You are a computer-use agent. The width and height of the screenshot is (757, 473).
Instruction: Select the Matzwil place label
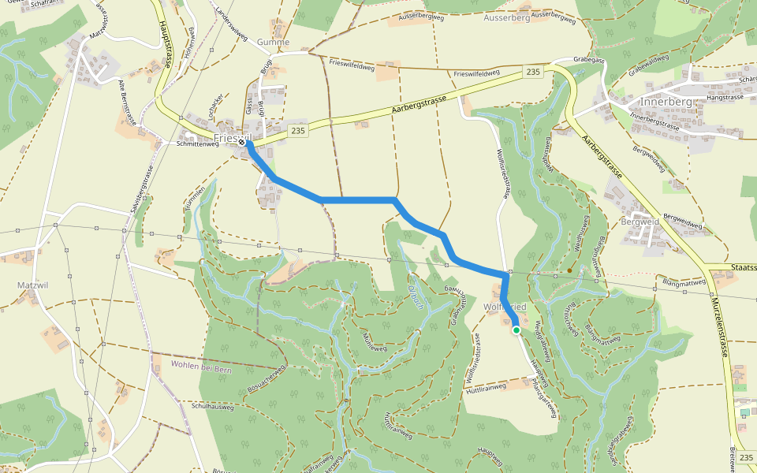click(32, 284)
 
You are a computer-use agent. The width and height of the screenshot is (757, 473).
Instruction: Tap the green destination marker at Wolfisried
click(516, 330)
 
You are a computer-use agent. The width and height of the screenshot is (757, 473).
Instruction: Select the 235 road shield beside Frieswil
click(296, 130)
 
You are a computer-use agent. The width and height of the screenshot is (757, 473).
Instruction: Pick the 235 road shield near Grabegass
click(532, 73)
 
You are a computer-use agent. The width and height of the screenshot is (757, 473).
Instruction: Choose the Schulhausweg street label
click(213, 407)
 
